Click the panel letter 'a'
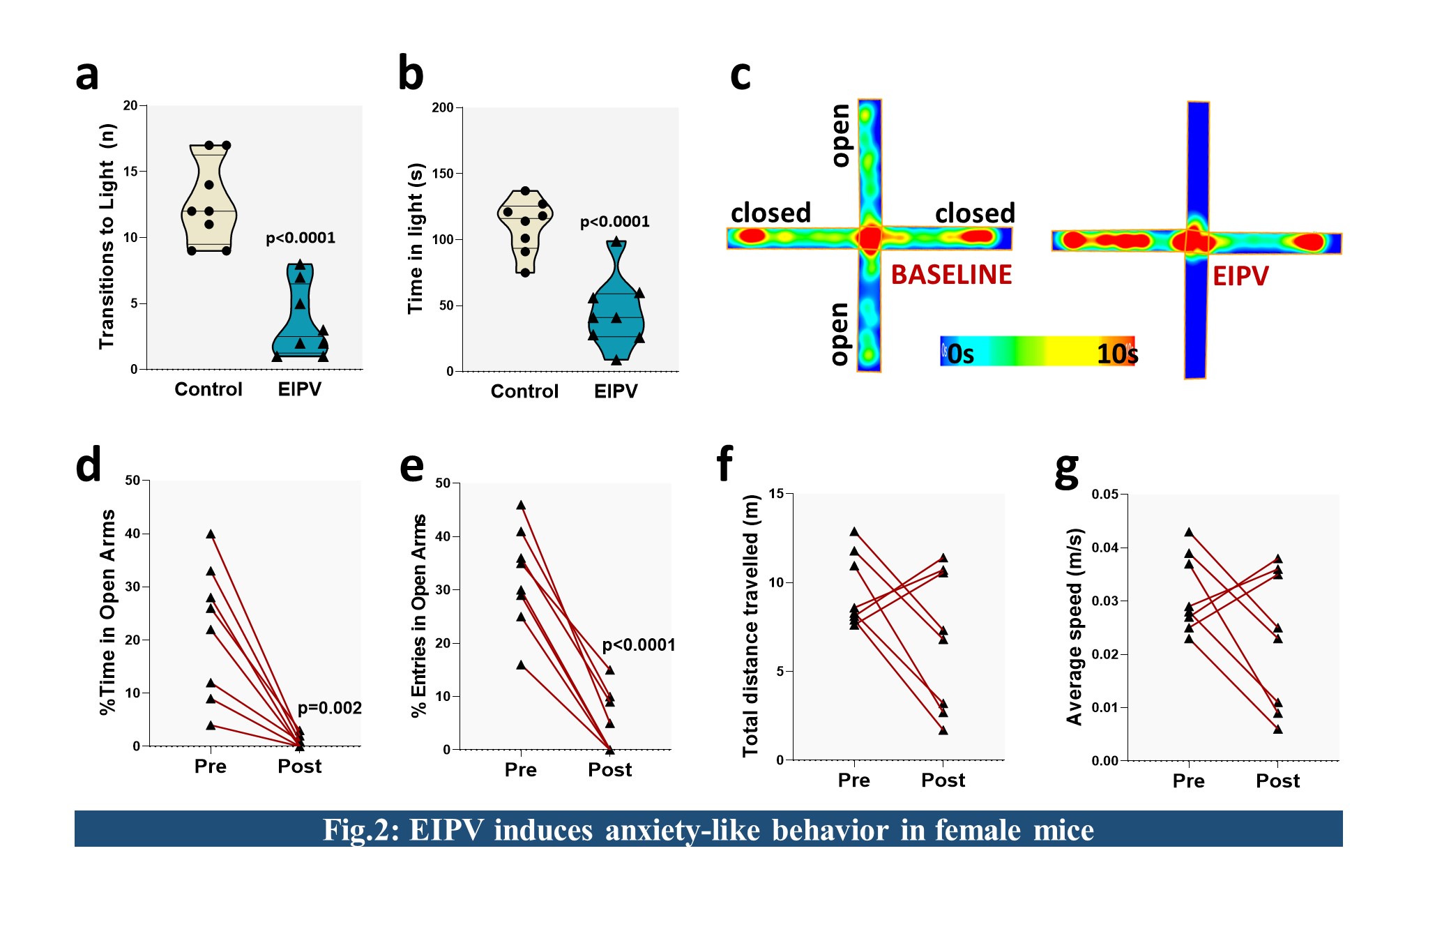87,75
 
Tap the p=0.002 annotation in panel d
329,708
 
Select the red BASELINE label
951,275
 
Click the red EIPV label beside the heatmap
1240,277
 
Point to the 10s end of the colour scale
1116,354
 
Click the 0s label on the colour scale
960,354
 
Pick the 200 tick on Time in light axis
443,107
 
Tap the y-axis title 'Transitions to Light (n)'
107,236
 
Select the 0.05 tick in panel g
1104,495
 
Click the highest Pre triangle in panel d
211,534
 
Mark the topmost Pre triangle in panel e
521,505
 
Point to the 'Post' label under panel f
943,780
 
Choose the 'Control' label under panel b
524,391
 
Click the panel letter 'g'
1067,471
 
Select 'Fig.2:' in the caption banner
360,830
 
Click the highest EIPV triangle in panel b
616,242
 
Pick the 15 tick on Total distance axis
776,494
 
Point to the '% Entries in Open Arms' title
418,615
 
